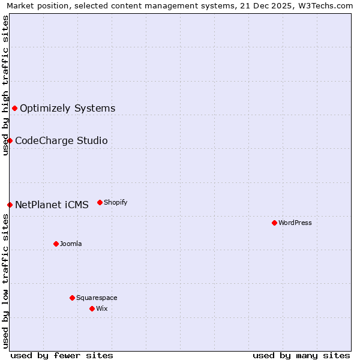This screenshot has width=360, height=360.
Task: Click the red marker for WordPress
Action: pyautogui.click(x=274, y=223)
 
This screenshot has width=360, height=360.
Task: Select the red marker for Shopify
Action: pyautogui.click(x=100, y=202)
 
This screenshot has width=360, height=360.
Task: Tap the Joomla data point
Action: pyautogui.click(x=56, y=244)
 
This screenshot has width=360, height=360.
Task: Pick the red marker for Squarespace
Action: pyautogui.click(x=72, y=298)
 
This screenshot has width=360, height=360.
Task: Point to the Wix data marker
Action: pyautogui.click(x=92, y=308)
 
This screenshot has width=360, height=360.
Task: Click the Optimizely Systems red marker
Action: pyautogui.click(x=14, y=108)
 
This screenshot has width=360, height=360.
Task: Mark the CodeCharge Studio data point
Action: pyautogui.click(x=10, y=140)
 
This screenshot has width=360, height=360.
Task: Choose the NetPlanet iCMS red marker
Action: pyautogui.click(x=10, y=205)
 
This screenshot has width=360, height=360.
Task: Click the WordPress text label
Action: pyautogui.click(x=295, y=223)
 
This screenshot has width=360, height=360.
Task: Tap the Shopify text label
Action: pyautogui.click(x=116, y=202)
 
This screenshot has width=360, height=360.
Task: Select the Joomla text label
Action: pyautogui.click(x=71, y=244)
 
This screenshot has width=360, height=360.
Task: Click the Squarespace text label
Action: pyautogui.click(x=97, y=298)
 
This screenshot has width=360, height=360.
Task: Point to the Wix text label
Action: pyautogui.click(x=102, y=308)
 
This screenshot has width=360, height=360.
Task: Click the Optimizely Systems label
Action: pyautogui.click(x=68, y=108)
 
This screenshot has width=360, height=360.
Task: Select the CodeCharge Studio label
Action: pyautogui.click(x=61, y=140)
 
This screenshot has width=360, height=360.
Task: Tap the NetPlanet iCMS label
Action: pyautogui.click(x=52, y=205)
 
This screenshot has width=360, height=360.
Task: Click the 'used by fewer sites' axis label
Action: pyautogui.click(x=62, y=355)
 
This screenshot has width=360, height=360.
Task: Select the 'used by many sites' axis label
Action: pyautogui.click(x=301, y=355)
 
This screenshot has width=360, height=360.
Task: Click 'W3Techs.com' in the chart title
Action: pyautogui.click(x=326, y=6)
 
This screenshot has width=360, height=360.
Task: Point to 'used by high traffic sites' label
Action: pyautogui.click(x=6, y=85)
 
